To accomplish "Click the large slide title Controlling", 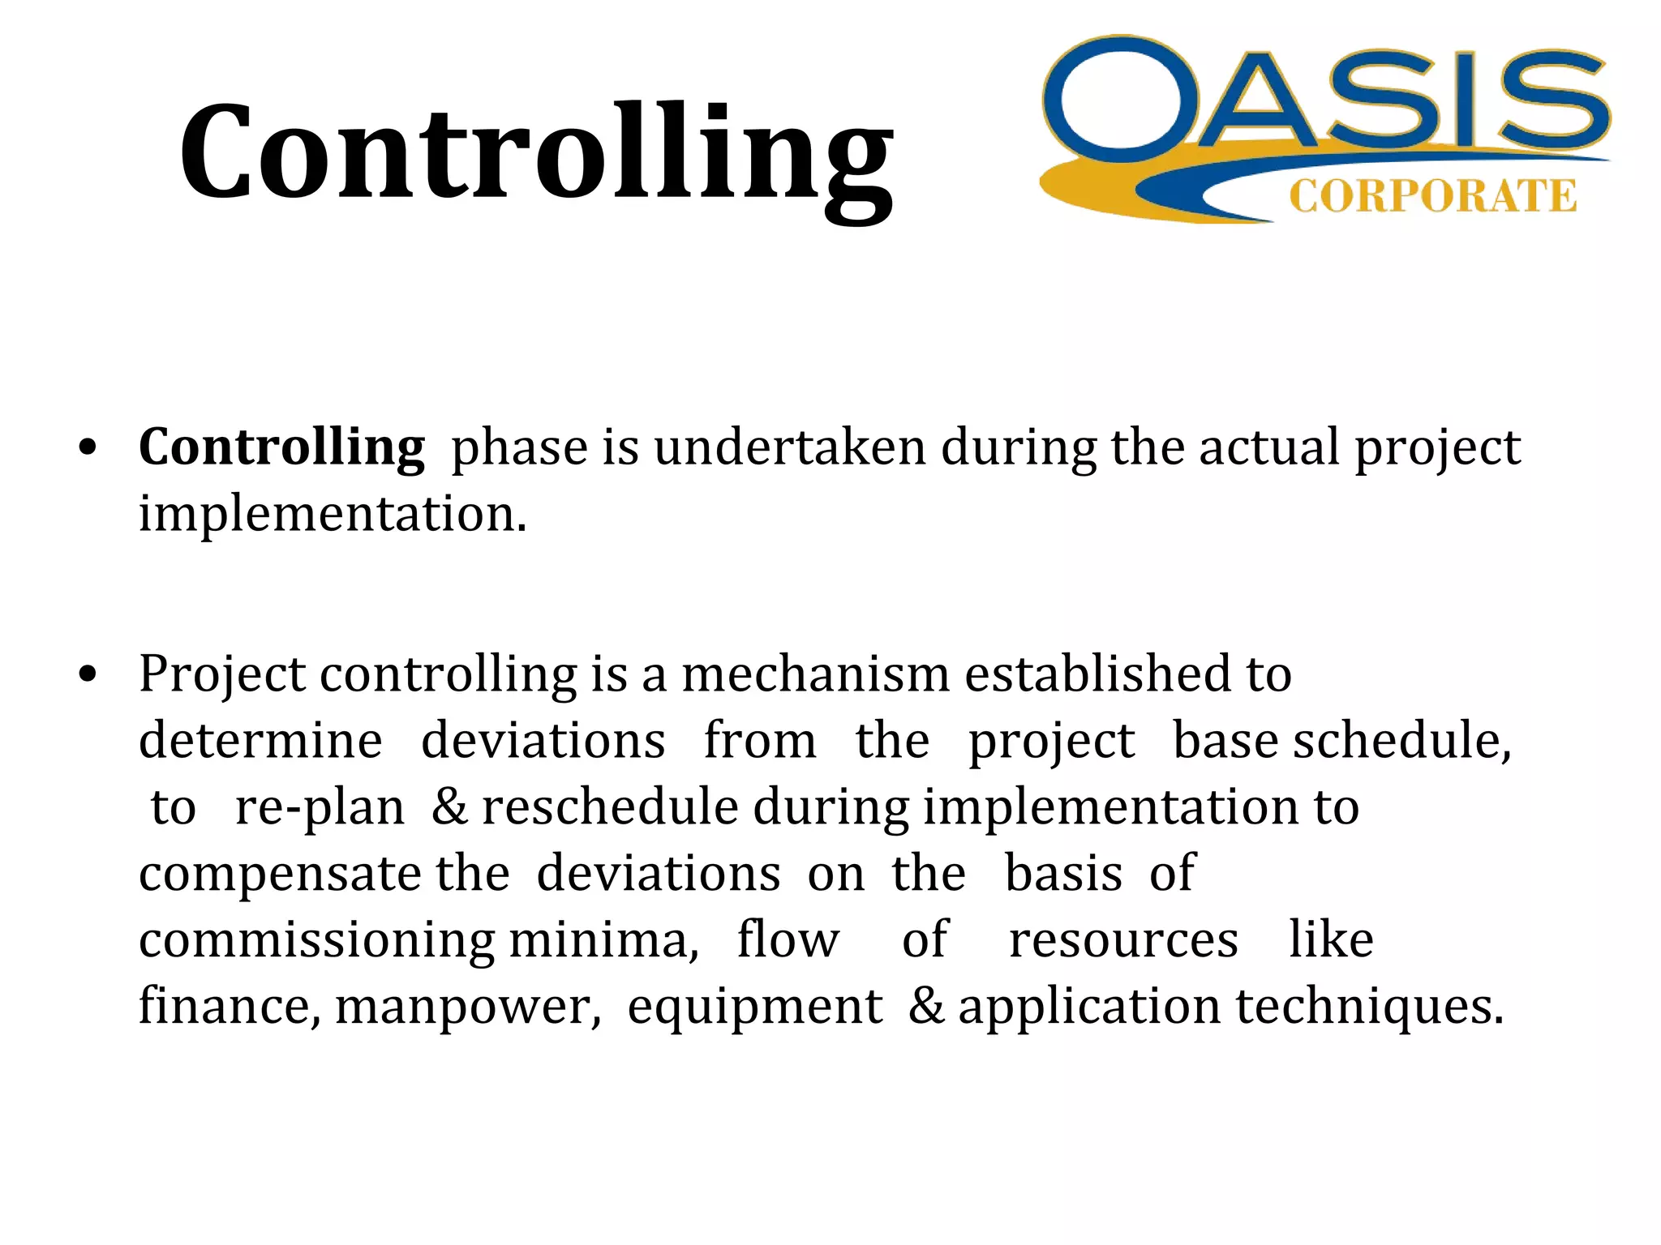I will coord(535,154).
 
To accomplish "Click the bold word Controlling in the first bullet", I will coord(281,447).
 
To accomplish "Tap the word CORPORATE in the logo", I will coord(1432,197).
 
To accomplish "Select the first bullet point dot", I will coord(88,448).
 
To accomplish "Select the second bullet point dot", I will coord(88,674).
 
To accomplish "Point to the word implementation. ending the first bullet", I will coord(333,514).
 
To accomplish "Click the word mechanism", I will coord(815,674).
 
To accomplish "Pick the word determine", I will coord(260,741).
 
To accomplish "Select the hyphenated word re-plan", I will coord(319,807).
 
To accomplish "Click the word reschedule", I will coord(610,807).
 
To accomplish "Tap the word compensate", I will coord(280,875).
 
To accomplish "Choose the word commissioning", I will coord(316,941).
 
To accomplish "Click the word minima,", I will coord(603,941).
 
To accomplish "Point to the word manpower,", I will coord(468,1008).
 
